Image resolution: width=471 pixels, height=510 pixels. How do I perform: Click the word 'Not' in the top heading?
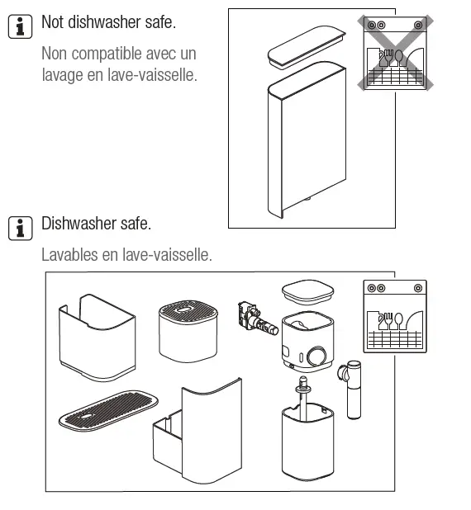pos(54,22)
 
